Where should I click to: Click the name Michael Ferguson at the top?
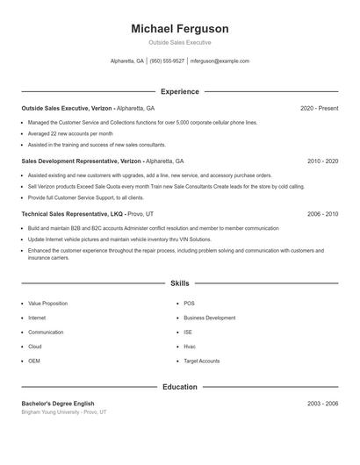179,29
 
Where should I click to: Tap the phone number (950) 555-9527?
167,61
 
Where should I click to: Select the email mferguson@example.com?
220,61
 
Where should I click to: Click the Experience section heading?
179,91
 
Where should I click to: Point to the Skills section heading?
179,284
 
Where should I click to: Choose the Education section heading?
179,386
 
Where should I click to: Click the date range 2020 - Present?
319,108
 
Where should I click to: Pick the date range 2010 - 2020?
322,161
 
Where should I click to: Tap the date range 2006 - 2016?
322,214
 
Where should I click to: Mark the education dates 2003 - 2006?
322,403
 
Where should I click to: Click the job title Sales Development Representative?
79,161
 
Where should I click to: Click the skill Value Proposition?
47,304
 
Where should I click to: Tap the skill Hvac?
190,347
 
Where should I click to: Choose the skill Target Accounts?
202,361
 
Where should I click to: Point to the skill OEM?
34,361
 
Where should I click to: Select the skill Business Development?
209,318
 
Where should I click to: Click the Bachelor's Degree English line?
57,403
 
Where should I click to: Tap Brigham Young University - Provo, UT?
63,411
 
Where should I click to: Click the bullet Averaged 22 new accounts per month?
70,132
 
